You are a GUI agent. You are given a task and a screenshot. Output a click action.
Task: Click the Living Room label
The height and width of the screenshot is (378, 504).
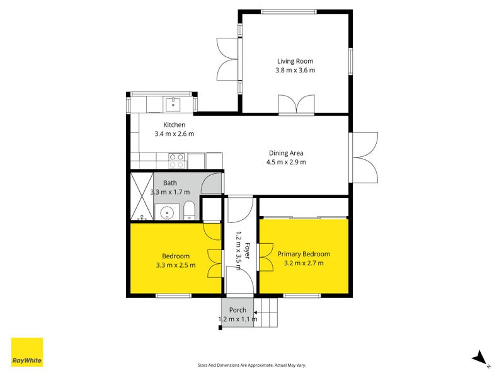(295, 61)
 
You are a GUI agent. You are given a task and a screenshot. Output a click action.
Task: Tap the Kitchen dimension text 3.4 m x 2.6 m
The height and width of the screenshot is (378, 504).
(174, 134)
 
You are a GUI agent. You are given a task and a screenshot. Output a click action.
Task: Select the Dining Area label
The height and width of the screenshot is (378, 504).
(286, 153)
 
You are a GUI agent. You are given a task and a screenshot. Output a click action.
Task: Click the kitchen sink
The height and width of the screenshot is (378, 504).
(171, 103)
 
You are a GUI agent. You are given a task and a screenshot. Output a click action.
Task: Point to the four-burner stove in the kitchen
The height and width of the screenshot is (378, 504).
(176, 161)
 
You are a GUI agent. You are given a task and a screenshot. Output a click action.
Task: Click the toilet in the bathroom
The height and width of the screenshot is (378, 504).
(190, 211)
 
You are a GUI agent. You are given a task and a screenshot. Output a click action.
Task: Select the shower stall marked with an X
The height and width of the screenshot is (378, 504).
(141, 197)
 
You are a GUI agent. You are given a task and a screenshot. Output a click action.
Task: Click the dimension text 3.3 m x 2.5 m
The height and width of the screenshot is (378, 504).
(176, 265)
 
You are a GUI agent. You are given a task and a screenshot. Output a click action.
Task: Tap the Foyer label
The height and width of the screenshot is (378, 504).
(248, 251)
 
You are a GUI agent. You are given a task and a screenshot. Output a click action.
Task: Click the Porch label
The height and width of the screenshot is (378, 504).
(238, 310)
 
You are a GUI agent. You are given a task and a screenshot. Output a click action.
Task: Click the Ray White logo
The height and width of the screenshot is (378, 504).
(27, 352)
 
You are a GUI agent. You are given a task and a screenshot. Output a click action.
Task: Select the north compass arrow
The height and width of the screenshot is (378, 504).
(480, 358)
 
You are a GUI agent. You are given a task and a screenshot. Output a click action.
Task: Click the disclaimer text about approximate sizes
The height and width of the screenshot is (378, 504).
(252, 365)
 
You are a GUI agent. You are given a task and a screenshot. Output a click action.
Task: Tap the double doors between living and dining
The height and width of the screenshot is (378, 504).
(295, 104)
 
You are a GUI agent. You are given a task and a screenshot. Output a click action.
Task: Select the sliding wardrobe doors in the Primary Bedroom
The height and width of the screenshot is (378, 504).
(304, 218)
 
